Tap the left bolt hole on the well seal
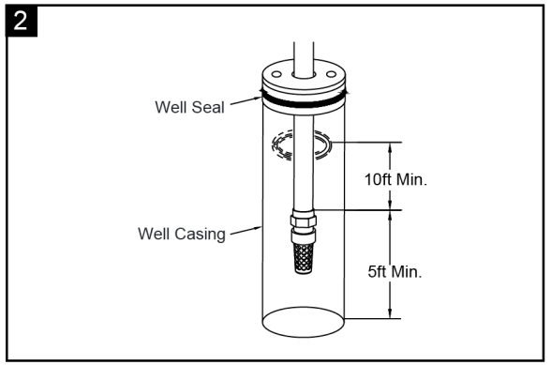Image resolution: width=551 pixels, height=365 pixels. (x=277, y=72)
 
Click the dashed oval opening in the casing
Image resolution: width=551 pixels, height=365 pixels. (x=301, y=145)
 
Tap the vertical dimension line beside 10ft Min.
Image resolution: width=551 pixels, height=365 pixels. (x=387, y=175)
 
